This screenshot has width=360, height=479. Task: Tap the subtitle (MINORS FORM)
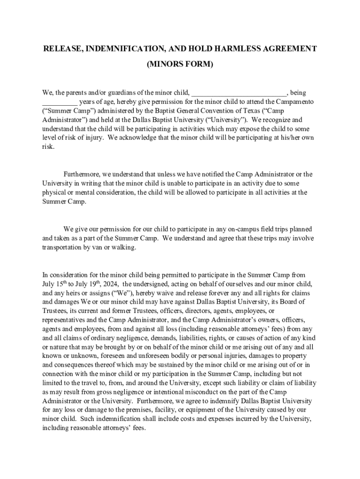pyautogui.click(x=180, y=65)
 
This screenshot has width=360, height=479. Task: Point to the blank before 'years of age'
pyautogui.click(x=60, y=102)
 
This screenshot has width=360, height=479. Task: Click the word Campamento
pyautogui.click(x=295, y=102)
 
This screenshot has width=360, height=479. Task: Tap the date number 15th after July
pyautogui.click(x=62, y=283)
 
